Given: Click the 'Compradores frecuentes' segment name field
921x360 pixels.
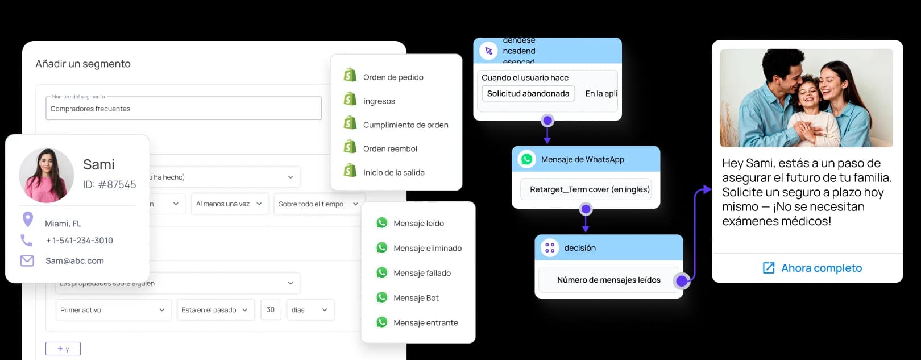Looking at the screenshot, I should pos(183,109).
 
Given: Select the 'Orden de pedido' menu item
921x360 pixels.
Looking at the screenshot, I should pos(393,77).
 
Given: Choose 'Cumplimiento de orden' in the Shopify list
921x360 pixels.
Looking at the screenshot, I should pos(405,125).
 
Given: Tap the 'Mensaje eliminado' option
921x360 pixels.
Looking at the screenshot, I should pos(427,248).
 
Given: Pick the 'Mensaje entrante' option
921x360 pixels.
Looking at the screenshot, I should pos(425,322).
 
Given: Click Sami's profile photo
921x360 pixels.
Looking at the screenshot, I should pos(47,175).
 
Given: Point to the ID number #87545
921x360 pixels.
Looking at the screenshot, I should pos(110,184).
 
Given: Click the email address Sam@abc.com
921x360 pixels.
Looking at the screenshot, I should pos(74,261).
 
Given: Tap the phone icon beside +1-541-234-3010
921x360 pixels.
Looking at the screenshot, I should pos(27,241).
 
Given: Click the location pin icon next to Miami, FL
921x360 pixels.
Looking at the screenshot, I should pos(27,219).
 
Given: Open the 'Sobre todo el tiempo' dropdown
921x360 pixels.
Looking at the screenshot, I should pos(318,204).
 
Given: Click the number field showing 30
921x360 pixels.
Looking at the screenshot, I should pos(271,310).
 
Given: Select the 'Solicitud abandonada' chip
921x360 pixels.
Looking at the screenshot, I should pos(528,93).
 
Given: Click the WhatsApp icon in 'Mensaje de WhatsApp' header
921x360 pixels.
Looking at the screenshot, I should pos(527,159).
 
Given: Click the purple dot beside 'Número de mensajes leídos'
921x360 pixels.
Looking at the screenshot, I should pos(682,280).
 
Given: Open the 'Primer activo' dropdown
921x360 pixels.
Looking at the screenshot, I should pos(113,310).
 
